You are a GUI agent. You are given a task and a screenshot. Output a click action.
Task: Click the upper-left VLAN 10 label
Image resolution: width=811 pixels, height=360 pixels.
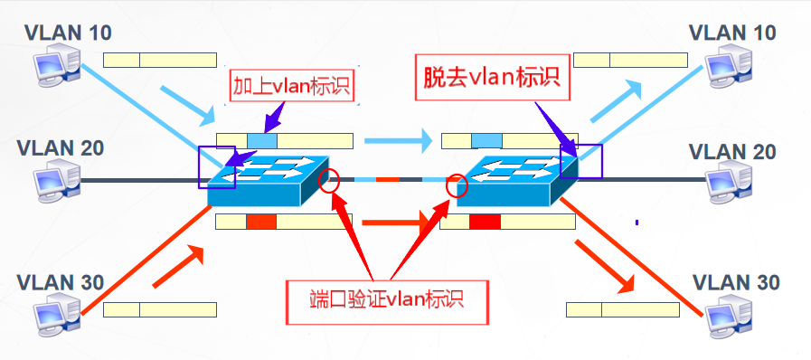tap(68, 33)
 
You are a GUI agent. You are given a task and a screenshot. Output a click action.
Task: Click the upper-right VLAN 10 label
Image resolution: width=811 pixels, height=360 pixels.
tap(732, 33)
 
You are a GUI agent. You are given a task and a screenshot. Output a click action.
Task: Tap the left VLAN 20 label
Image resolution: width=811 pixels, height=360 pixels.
tap(61, 148)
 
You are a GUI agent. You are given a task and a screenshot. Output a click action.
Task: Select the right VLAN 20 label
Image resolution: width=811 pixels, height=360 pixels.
tap(732, 152)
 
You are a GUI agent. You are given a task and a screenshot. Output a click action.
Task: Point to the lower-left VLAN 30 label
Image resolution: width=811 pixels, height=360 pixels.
tap(61, 283)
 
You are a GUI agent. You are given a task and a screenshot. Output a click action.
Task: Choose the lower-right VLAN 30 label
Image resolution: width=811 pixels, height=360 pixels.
tap(735, 283)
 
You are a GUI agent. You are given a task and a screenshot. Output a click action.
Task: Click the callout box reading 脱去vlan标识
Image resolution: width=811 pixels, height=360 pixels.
tap(492, 77)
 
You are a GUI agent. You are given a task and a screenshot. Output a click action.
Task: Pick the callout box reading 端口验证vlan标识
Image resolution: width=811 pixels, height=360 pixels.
tap(387, 302)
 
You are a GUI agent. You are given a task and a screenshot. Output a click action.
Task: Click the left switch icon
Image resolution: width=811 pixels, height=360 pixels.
tap(268, 181)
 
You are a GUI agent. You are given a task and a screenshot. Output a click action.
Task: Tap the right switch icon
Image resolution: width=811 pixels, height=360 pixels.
tap(517, 181)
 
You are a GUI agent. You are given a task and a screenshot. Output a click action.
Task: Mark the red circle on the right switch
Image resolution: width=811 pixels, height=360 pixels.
tap(457, 185)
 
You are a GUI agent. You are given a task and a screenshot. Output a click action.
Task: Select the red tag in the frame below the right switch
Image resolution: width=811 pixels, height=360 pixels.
tap(486, 222)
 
